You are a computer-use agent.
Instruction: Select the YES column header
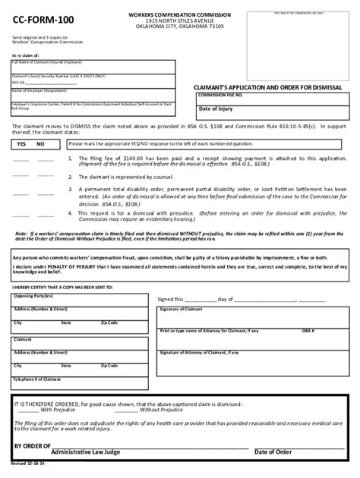point(22,143)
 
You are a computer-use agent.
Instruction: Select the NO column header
point(40,143)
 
